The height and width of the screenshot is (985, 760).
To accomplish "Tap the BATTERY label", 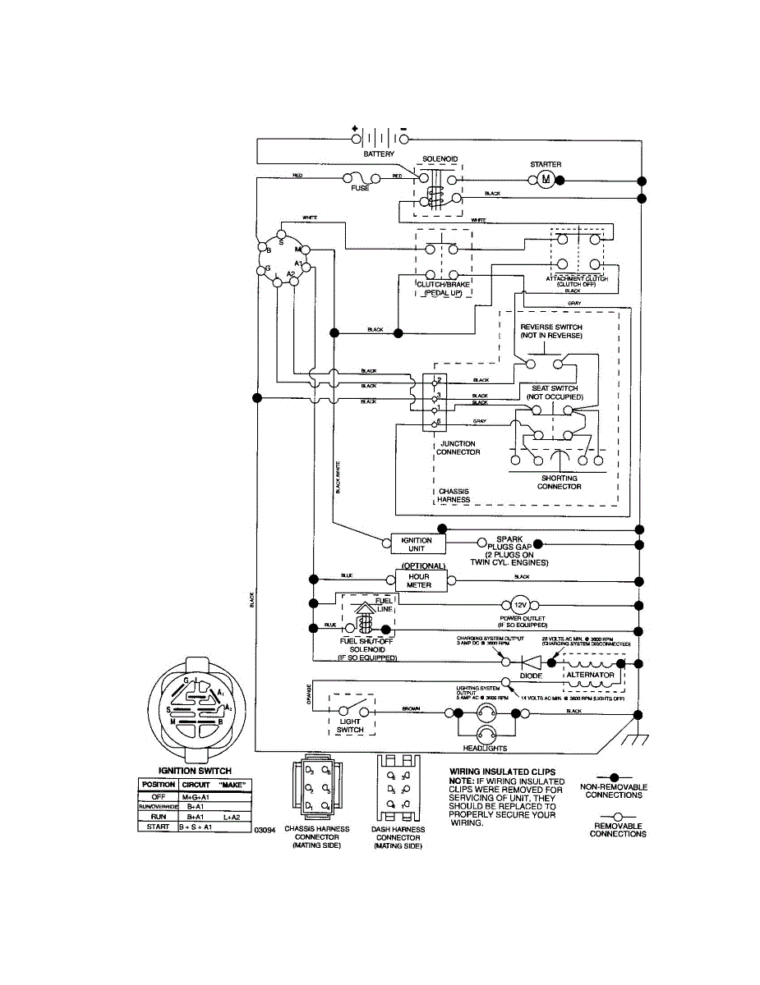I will pyautogui.click(x=379, y=154).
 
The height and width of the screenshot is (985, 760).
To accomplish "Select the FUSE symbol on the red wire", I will pyautogui.click(x=360, y=178).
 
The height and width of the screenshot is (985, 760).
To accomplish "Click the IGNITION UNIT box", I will pyautogui.click(x=417, y=544).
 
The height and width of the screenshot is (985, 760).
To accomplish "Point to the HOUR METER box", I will pyautogui.click(x=419, y=580).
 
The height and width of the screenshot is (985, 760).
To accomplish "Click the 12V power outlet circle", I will pyautogui.click(x=519, y=605).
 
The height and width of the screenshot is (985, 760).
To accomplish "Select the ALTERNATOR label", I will pyautogui.click(x=590, y=675).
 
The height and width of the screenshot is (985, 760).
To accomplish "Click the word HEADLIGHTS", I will pyautogui.click(x=485, y=749).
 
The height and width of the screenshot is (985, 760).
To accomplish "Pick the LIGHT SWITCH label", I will pyautogui.click(x=351, y=725).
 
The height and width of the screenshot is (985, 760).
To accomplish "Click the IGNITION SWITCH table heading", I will pyautogui.click(x=194, y=771).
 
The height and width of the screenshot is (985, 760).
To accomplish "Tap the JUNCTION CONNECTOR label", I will pyautogui.click(x=458, y=448).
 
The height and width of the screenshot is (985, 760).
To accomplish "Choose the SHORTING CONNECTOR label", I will pyautogui.click(x=560, y=482).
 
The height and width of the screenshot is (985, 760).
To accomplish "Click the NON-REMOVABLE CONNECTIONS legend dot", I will pyautogui.click(x=615, y=776).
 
